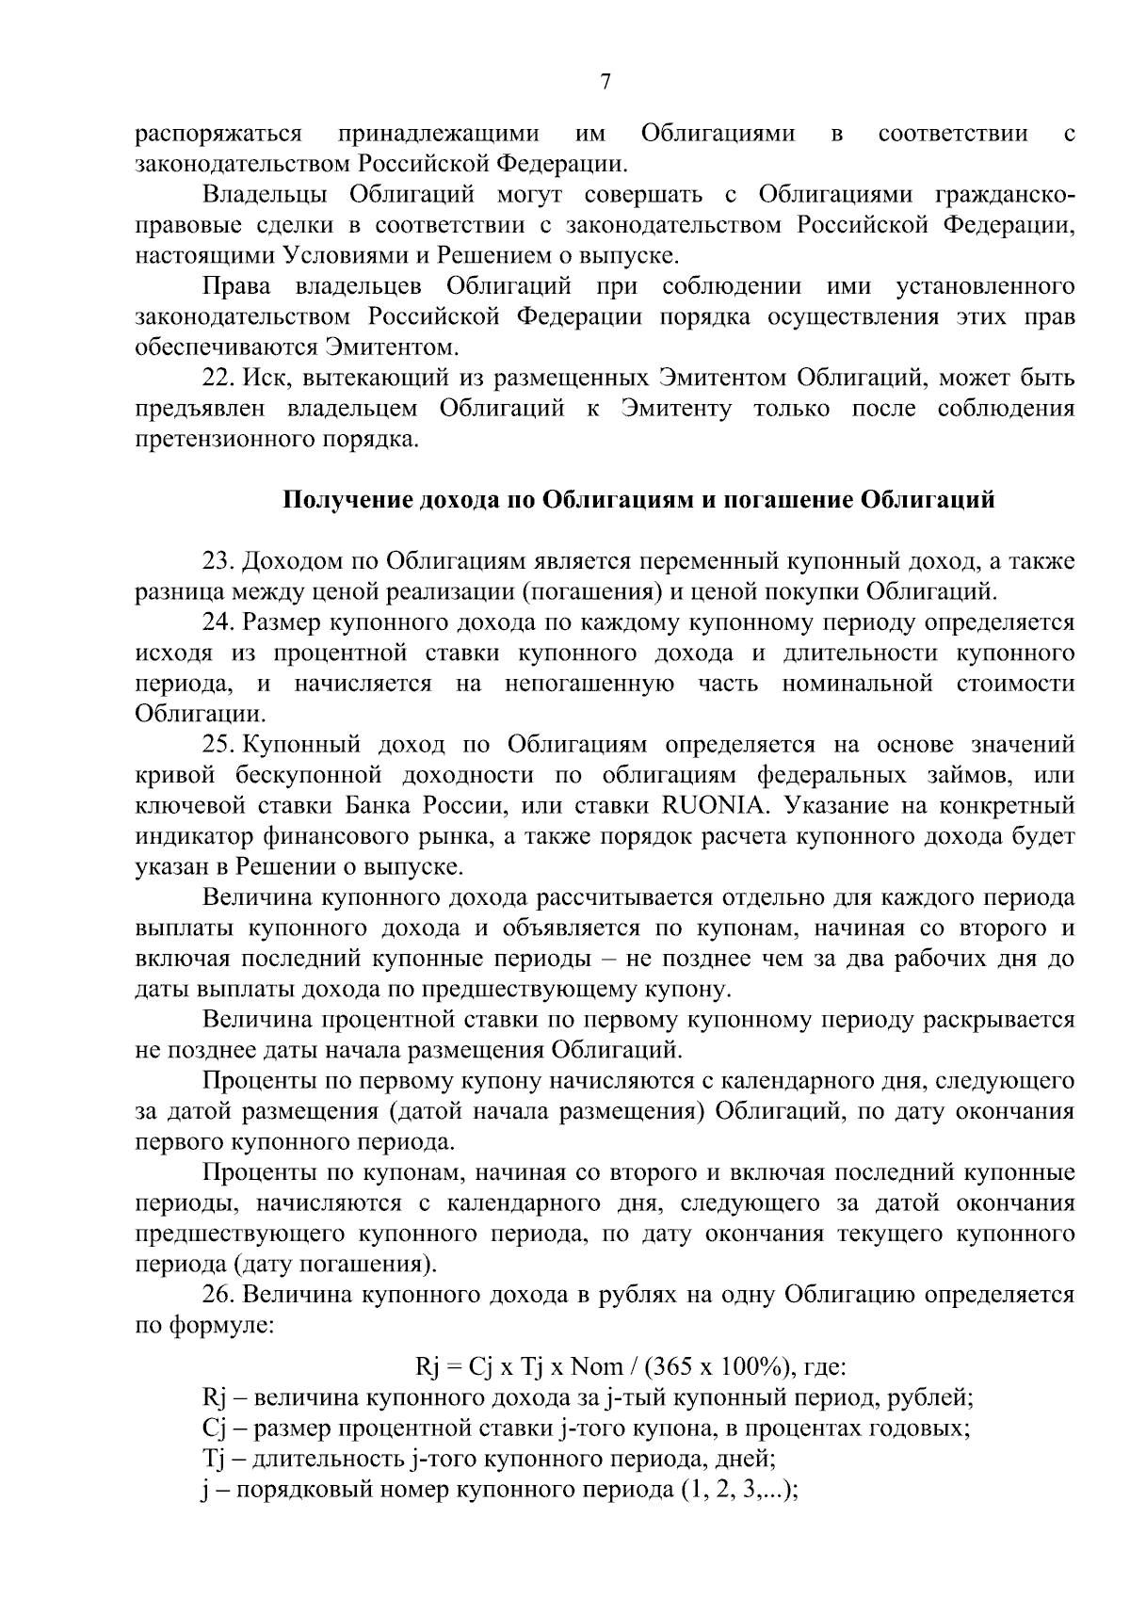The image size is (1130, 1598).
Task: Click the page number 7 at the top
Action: click(605, 83)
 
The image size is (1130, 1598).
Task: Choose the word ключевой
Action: click(186, 806)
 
